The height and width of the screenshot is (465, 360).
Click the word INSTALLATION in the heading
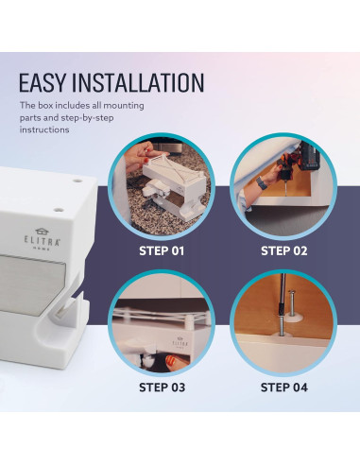click(143, 82)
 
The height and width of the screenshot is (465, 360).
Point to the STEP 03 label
click(163, 386)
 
